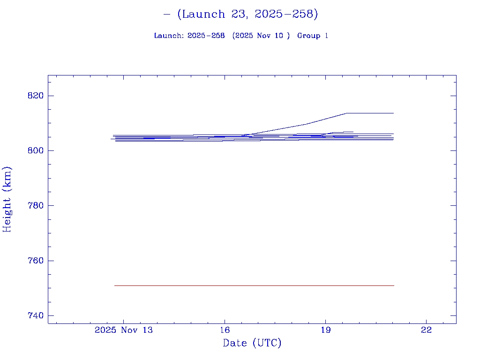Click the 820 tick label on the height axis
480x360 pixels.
coord(35,96)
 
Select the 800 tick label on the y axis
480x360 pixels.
coord(35,150)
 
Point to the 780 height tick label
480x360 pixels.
coord(35,206)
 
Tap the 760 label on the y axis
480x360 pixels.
coord(35,261)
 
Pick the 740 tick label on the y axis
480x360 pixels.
coord(35,315)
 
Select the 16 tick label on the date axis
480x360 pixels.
coord(225,330)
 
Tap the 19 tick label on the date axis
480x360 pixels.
coord(325,330)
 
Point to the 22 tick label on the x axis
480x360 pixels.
coord(426,330)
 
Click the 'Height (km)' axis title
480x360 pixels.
coord(7,199)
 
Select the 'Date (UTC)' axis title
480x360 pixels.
coord(252,343)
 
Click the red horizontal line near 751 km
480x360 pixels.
coord(253,285)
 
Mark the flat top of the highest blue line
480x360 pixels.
coord(370,113)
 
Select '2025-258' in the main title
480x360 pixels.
coord(283,14)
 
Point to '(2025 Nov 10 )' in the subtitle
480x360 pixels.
coord(261,36)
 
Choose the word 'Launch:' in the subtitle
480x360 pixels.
coord(169,36)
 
